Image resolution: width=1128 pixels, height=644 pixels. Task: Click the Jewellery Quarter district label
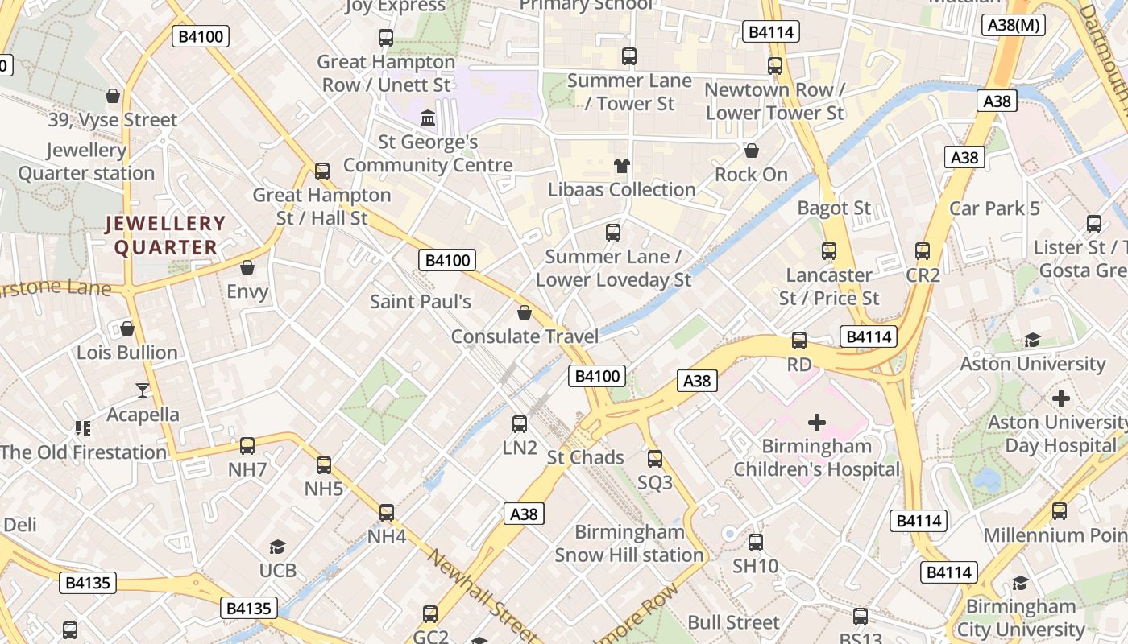[165, 235]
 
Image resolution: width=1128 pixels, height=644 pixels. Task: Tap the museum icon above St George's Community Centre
[428, 118]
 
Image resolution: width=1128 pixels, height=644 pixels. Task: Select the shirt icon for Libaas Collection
[621, 166]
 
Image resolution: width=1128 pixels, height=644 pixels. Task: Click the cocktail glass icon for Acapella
[143, 390]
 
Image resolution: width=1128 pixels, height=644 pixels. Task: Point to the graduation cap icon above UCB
[277, 547]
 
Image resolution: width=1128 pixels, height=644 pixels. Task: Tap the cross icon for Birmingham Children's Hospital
[817, 422]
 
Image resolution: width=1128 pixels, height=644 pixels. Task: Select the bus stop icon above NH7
[247, 445]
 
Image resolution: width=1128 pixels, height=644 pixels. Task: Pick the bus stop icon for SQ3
[655, 459]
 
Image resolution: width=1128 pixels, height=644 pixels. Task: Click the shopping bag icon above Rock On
[752, 151]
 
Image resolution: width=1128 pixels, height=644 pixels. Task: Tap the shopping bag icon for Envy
[247, 267]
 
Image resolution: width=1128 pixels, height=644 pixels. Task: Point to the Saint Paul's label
[420, 301]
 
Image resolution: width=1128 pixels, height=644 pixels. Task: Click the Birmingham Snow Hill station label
[629, 543]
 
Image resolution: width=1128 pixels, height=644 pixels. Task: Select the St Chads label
[585, 457]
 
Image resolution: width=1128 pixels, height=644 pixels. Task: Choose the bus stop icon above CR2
[923, 251]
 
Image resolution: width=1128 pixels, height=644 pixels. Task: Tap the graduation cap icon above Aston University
[1032, 340]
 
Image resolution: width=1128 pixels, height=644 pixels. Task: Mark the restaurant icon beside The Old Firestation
[83, 427]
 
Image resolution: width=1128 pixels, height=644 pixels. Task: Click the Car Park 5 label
[994, 208]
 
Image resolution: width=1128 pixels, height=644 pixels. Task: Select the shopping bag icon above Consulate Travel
[525, 312]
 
